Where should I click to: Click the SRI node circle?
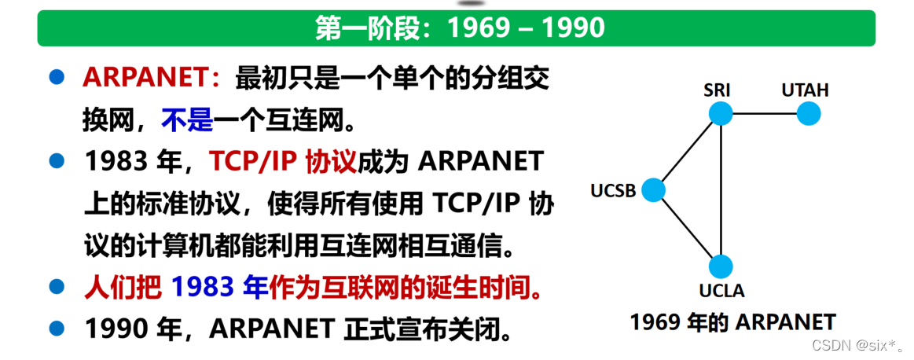pyautogui.click(x=721, y=114)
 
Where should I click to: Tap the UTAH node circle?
pyautogui.click(x=809, y=114)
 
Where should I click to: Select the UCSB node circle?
pyautogui.click(x=653, y=189)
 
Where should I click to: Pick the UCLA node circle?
pyautogui.click(x=721, y=266)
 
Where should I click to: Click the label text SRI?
pyautogui.click(x=718, y=90)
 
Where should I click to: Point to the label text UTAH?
pyautogui.click(x=805, y=90)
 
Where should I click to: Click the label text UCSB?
pyautogui.click(x=613, y=191)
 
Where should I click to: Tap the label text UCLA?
pyautogui.click(x=721, y=292)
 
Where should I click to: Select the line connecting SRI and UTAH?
pyautogui.click(x=765, y=114)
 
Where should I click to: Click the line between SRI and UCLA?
pyautogui.click(x=721, y=189)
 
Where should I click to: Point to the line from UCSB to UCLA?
pyautogui.click(x=686, y=227)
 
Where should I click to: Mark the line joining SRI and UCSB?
pyautogui.click(x=687, y=152)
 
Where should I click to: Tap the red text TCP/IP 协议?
pyautogui.click(x=283, y=161)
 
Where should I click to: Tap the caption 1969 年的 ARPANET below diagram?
pyautogui.click(x=732, y=322)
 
